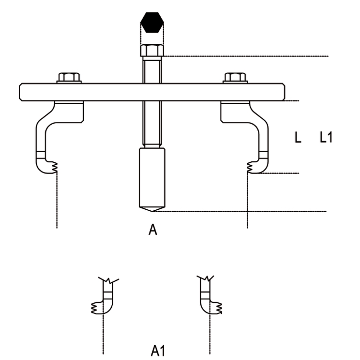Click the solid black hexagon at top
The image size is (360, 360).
152,22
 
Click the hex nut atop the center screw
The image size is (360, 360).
152,50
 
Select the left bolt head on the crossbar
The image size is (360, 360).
69,77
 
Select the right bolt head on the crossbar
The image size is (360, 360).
235,77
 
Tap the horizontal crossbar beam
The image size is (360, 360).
152,92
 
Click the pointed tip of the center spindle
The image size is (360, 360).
152,211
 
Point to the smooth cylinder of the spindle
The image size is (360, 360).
152,178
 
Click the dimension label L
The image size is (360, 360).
298,137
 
